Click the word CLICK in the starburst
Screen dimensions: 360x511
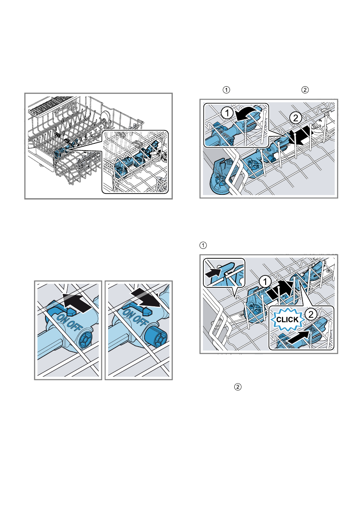tap(287, 320)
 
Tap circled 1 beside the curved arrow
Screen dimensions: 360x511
tap(227, 113)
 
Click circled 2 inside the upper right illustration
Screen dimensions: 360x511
tap(296, 117)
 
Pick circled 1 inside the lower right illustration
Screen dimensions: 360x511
tap(265, 281)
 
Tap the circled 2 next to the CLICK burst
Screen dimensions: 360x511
tap(311, 314)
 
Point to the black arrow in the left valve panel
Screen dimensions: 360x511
tap(77, 302)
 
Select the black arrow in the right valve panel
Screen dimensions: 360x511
tap(146, 297)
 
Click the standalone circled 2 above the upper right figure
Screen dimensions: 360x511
tap(305, 90)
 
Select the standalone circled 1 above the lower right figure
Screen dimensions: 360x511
tap(203, 245)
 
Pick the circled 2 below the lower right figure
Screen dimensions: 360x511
tap(238, 387)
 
